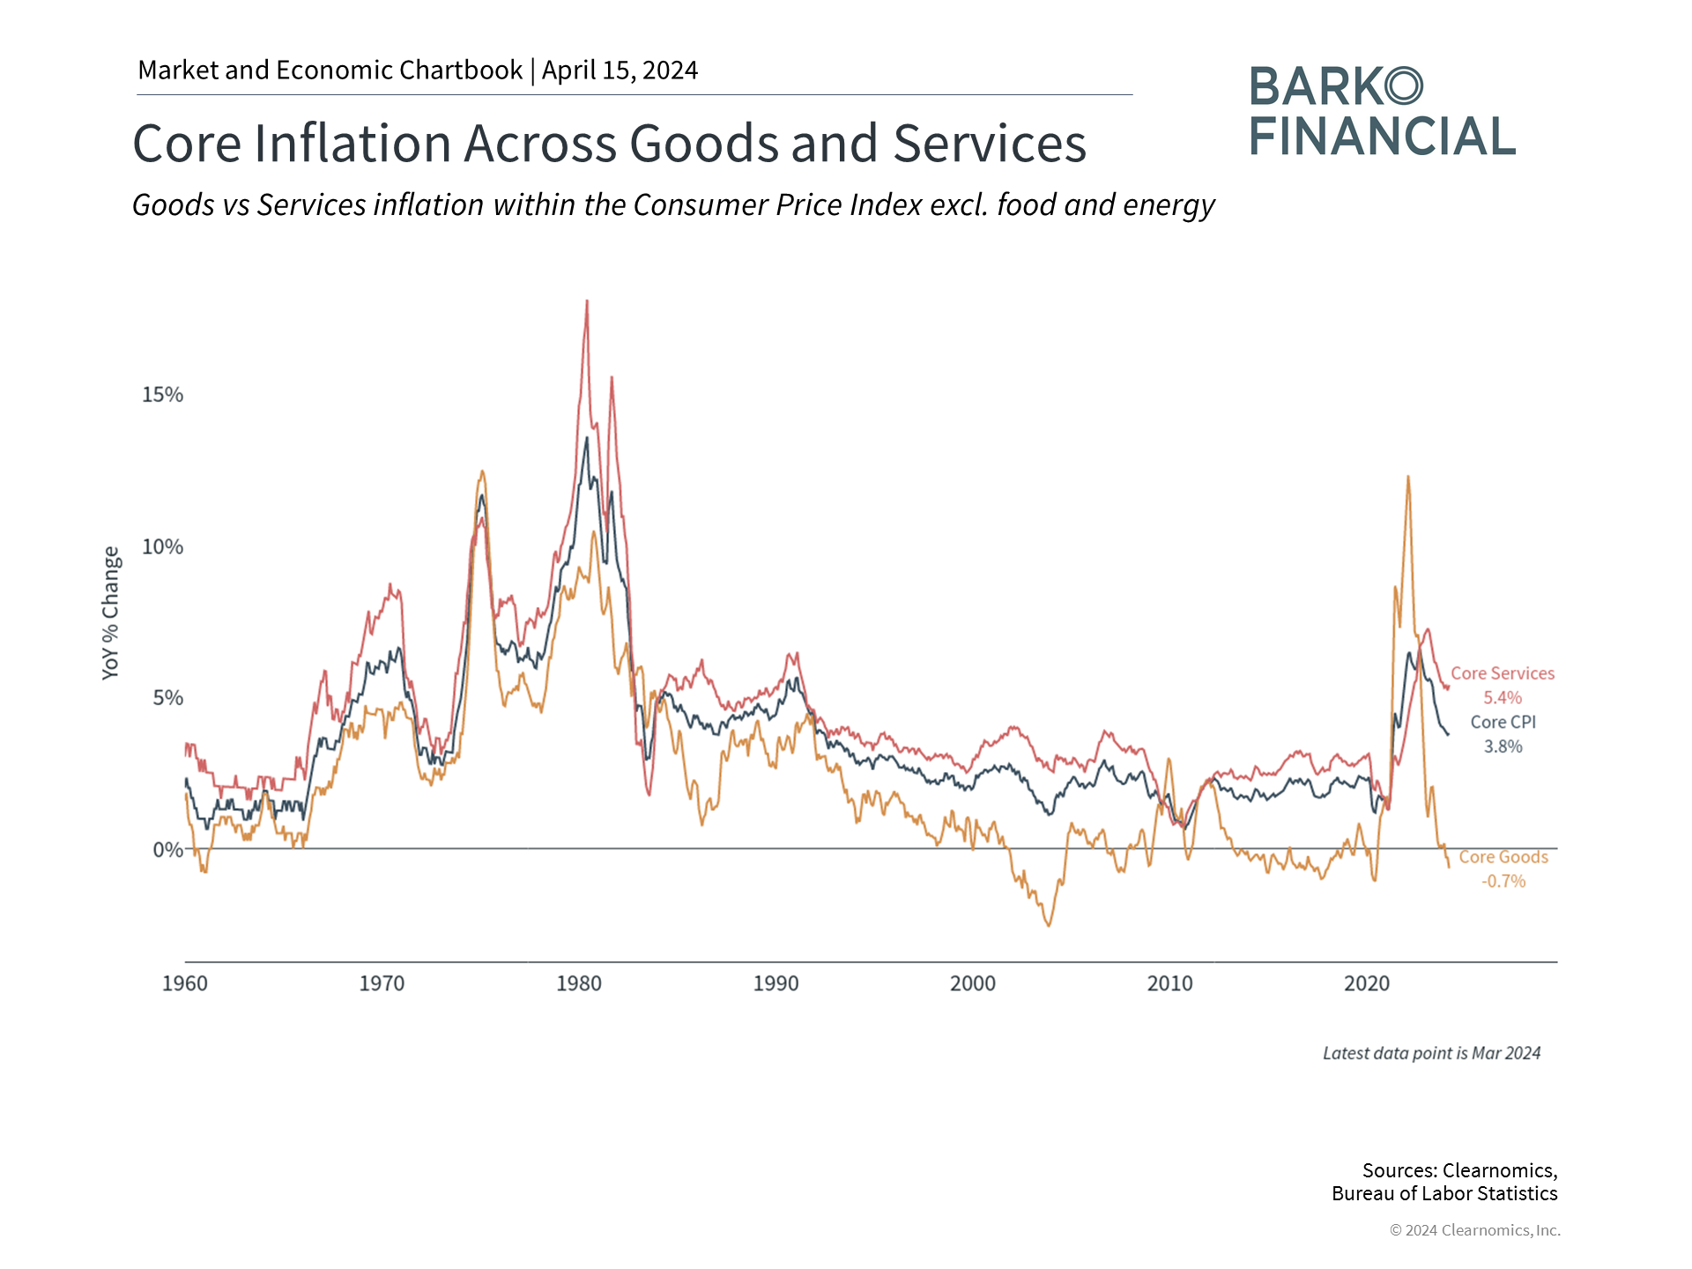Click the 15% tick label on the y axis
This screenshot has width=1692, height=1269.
coord(162,394)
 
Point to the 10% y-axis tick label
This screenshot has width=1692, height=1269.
coord(162,546)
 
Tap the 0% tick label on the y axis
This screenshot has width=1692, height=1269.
coord(167,850)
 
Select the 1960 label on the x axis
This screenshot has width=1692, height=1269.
coord(185,983)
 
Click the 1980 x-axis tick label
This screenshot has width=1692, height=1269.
coord(579,983)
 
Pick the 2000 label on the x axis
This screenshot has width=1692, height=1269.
coord(973,983)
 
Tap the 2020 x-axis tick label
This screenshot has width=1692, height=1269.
coord(1367,983)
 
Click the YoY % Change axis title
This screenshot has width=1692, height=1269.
coord(110,612)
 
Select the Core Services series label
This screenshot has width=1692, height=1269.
coord(1503,673)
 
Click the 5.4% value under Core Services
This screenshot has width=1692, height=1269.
coord(1503,698)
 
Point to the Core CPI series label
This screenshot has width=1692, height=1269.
coord(1503,722)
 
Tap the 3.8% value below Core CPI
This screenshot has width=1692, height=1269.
coord(1503,746)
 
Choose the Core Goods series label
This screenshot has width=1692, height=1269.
coord(1503,857)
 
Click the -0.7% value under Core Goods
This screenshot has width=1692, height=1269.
coord(1503,881)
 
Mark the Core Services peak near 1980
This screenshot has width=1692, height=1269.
coord(587,301)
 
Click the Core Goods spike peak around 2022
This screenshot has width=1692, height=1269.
coord(1407,477)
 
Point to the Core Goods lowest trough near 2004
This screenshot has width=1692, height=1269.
coord(1049,925)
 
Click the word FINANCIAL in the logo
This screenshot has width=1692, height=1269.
coord(1382,137)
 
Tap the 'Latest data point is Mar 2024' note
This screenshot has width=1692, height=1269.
coord(1431,1053)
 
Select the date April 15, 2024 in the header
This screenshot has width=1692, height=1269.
coord(620,70)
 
